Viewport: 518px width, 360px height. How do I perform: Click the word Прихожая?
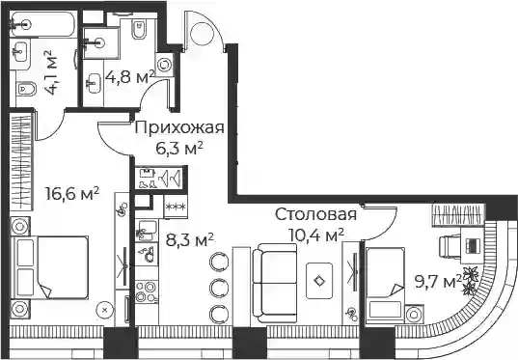tap(179, 128)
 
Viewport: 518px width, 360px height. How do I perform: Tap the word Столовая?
tap(316, 214)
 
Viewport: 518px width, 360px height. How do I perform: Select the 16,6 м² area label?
tap(72, 193)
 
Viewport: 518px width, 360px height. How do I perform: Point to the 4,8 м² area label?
tap(130, 76)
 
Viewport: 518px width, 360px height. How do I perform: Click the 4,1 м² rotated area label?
tap(50, 72)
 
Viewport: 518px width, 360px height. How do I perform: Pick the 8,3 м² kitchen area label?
tap(190, 239)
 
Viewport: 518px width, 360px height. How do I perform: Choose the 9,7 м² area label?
tap(438, 282)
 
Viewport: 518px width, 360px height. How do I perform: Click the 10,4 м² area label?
tap(316, 235)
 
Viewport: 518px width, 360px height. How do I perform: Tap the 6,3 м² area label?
tap(179, 149)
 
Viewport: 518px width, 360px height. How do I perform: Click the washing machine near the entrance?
tap(164, 65)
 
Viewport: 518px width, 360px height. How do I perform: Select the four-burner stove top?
tap(147, 291)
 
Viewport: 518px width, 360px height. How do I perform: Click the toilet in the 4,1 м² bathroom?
tap(26, 88)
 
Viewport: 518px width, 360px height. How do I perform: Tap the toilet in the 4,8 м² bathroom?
tap(139, 29)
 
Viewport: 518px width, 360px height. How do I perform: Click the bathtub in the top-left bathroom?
tap(43, 24)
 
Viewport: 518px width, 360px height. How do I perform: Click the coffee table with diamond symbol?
tap(319, 281)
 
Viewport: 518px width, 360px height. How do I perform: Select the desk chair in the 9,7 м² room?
tap(450, 246)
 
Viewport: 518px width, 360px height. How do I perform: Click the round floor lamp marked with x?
tap(105, 310)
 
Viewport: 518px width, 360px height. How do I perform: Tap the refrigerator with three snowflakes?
tap(176, 207)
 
